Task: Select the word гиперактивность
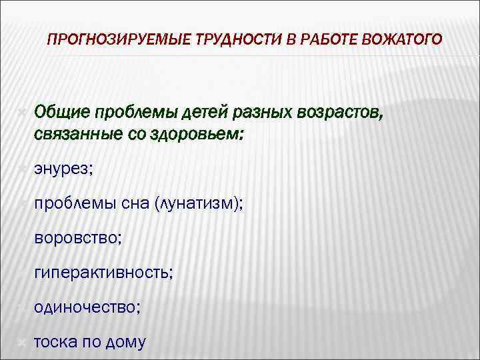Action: [103, 272]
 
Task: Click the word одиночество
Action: [87, 307]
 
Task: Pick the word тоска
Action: [56, 342]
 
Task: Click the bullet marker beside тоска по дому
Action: [21, 342]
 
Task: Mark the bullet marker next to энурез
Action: [21, 170]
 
